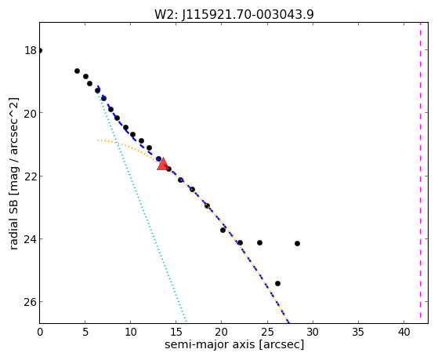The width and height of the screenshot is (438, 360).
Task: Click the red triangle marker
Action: click(x=162, y=164)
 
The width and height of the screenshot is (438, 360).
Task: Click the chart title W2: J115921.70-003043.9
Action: click(x=234, y=14)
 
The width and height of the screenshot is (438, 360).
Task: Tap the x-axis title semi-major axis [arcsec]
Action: click(x=234, y=344)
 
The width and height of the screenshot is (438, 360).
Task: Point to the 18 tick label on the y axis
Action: click(x=31, y=51)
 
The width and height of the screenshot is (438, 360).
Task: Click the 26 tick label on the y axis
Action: click(x=31, y=302)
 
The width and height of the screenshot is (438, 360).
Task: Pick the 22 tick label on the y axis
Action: click(x=31, y=176)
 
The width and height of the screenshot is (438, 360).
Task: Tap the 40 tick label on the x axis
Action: click(x=404, y=332)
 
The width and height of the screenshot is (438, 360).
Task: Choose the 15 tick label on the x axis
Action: click(x=176, y=332)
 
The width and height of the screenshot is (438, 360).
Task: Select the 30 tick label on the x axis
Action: click(x=313, y=332)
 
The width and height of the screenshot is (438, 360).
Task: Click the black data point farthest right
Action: click(x=297, y=244)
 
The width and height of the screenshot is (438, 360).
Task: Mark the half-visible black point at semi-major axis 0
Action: click(x=41, y=51)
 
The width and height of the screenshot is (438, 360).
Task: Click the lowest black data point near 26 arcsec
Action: click(x=277, y=284)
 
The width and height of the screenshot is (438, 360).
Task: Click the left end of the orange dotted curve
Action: click(x=98, y=140)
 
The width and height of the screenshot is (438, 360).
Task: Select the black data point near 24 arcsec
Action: click(x=260, y=243)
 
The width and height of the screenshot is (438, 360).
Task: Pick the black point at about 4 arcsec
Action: click(x=77, y=71)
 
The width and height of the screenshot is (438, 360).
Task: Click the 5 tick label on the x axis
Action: click(x=85, y=332)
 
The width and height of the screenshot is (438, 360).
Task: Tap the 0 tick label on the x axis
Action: click(x=40, y=332)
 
